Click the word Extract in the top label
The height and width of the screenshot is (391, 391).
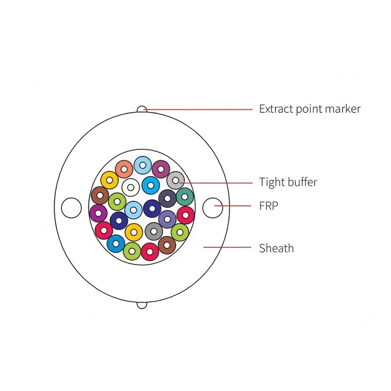276,109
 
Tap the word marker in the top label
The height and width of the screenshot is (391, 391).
343,109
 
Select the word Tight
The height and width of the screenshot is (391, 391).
272,182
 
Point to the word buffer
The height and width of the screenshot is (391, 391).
302,182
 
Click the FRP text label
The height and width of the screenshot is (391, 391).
268,206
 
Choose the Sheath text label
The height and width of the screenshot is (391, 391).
277,248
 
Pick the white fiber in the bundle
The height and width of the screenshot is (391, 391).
130,187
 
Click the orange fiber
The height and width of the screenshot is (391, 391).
124,169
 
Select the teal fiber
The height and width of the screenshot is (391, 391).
185,197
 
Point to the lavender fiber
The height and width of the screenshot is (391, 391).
167,219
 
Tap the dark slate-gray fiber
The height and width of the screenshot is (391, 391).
167,198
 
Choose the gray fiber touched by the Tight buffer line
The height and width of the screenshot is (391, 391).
175,180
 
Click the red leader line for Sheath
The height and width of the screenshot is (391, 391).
227,247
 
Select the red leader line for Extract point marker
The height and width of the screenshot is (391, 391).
198,109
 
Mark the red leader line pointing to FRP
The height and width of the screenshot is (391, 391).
233,206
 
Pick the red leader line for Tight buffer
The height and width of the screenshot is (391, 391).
216,183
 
